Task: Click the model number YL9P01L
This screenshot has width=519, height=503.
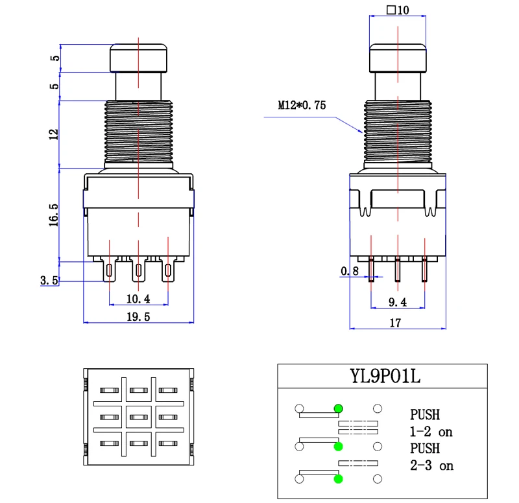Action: click(381, 376)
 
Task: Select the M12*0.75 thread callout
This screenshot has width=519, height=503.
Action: click(302, 104)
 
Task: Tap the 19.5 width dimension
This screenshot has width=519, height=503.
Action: click(138, 316)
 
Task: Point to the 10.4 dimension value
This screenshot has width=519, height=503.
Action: click(138, 299)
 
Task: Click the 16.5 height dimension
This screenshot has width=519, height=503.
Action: click(54, 215)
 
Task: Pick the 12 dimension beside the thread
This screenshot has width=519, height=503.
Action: click(54, 134)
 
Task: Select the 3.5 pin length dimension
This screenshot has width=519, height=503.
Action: click(49, 281)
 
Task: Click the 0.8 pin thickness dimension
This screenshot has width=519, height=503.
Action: click(350, 272)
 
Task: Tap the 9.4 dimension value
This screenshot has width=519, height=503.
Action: click(396, 301)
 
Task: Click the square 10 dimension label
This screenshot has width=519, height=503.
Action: click(397, 10)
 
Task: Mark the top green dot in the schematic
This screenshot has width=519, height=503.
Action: click(338, 408)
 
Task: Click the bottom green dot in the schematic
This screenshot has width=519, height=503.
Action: click(338, 479)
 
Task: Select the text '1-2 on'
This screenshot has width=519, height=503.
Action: click(431, 431)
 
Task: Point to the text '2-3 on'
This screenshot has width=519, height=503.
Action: click(431, 465)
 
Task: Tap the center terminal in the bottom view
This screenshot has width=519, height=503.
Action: click(138, 417)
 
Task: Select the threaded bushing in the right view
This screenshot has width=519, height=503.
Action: click(398, 134)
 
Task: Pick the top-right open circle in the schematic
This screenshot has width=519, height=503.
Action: click(378, 408)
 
